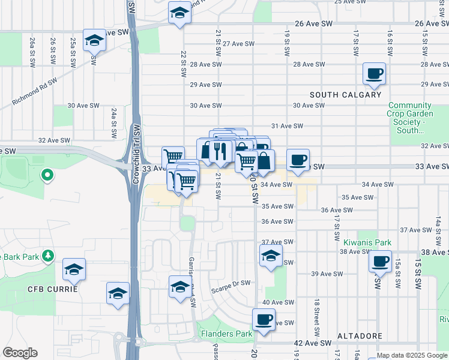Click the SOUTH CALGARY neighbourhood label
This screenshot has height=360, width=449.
pos(345,95)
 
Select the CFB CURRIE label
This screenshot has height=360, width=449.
pos(52,289)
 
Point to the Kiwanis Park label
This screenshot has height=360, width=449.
pos(367,243)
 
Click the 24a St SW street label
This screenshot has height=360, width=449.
pos(113,124)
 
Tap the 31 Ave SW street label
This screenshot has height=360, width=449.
pos(286,126)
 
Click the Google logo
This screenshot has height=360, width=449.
pos(20,353)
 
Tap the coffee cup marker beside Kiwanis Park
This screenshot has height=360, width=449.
pos(379,262)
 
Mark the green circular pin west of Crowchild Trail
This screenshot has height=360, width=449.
pos(46,175)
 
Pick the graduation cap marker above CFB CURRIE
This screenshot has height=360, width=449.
pos(74,269)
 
